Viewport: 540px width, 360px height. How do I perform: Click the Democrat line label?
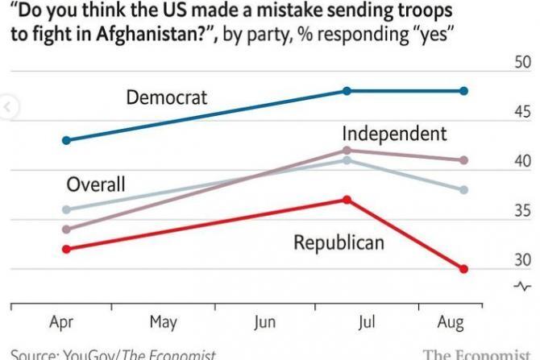(167, 97)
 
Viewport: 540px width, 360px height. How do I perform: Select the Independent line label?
(393, 134)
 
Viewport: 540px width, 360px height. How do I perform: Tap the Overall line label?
(95, 184)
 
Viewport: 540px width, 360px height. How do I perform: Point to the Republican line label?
(338, 242)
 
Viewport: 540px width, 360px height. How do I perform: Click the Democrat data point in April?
(67, 140)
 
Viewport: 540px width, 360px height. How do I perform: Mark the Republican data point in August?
(464, 269)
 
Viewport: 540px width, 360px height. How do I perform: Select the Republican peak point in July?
(347, 199)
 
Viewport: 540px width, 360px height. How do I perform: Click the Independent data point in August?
(464, 160)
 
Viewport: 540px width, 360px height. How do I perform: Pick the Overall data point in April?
(67, 209)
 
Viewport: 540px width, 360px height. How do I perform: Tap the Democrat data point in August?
(464, 91)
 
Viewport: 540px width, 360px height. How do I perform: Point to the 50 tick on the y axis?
(522, 63)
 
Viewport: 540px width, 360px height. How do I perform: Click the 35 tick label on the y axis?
(522, 211)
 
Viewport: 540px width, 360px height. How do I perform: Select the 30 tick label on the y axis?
(522, 260)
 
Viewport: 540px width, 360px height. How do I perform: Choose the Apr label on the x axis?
(62, 322)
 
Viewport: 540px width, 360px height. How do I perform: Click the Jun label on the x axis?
(264, 322)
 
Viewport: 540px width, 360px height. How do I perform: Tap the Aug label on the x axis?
(451, 322)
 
